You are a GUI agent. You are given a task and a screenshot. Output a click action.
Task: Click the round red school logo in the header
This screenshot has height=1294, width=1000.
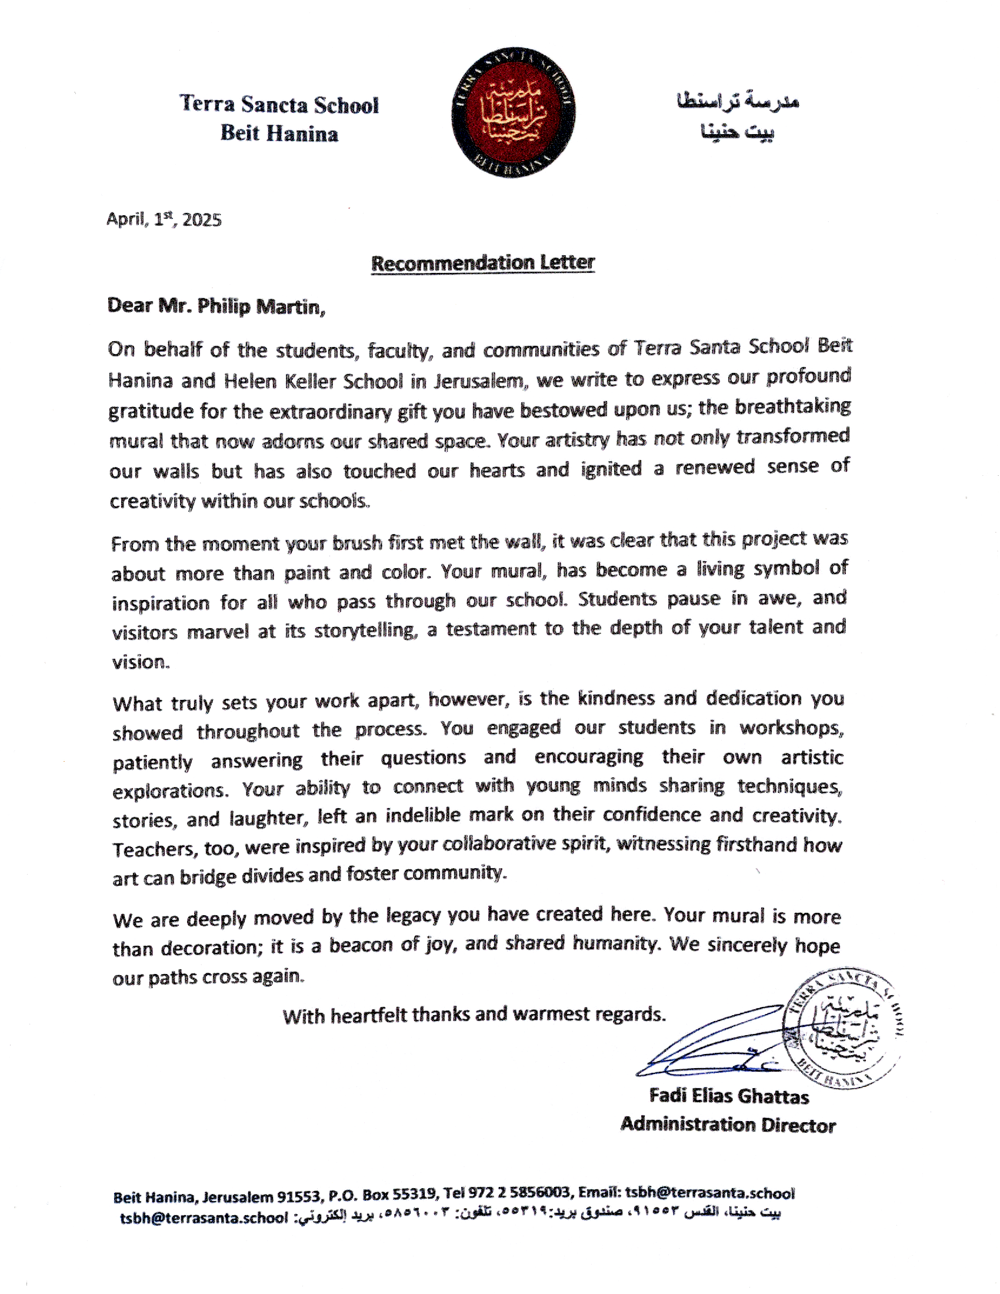coord(512,113)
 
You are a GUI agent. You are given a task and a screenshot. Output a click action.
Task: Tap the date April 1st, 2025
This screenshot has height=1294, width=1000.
coord(164,220)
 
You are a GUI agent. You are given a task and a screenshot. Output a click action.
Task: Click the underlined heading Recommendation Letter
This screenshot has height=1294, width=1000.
coord(482,262)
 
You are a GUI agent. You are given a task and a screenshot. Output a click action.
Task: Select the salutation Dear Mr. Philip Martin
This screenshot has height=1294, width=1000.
coord(216,306)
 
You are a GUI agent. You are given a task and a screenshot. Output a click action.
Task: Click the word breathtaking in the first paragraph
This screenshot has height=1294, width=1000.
coord(793,407)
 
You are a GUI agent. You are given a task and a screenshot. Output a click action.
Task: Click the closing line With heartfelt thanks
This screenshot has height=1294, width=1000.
coord(474,1015)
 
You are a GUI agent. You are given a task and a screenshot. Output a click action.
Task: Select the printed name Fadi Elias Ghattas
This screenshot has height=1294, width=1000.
coord(729,1096)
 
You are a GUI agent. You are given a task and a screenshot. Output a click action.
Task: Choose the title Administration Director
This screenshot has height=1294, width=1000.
coord(728,1125)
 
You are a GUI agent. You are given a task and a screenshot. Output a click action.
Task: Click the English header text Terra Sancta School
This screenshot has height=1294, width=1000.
coord(279,105)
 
